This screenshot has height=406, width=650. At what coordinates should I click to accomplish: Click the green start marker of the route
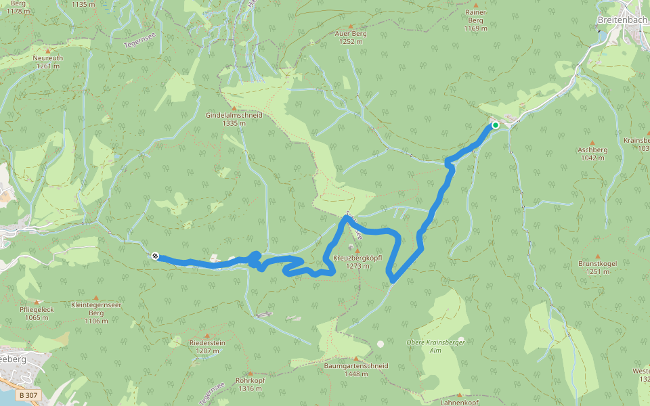click(496, 125)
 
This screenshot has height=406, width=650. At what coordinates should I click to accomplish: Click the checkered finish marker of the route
click(156, 256)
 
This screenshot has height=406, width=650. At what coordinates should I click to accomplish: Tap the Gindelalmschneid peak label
click(234, 119)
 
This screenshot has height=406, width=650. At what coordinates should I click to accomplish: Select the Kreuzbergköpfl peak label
click(357, 262)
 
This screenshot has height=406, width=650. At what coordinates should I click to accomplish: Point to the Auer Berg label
click(351, 37)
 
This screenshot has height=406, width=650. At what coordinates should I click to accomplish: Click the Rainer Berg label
click(476, 20)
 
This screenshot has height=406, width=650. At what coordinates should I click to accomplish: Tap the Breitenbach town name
click(622, 20)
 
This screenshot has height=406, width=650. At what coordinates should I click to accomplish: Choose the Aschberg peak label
click(592, 154)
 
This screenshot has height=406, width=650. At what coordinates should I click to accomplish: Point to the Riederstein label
click(207, 347)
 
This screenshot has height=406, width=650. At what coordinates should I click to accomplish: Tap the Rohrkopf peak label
click(249, 384)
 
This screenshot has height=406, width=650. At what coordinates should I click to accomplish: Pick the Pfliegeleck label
click(37, 313)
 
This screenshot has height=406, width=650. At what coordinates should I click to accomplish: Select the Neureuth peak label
click(47, 62)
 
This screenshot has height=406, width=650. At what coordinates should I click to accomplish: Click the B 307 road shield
click(28, 394)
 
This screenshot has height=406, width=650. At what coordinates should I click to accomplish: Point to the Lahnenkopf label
click(460, 403)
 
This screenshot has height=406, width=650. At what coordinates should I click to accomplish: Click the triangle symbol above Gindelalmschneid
click(234, 108)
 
